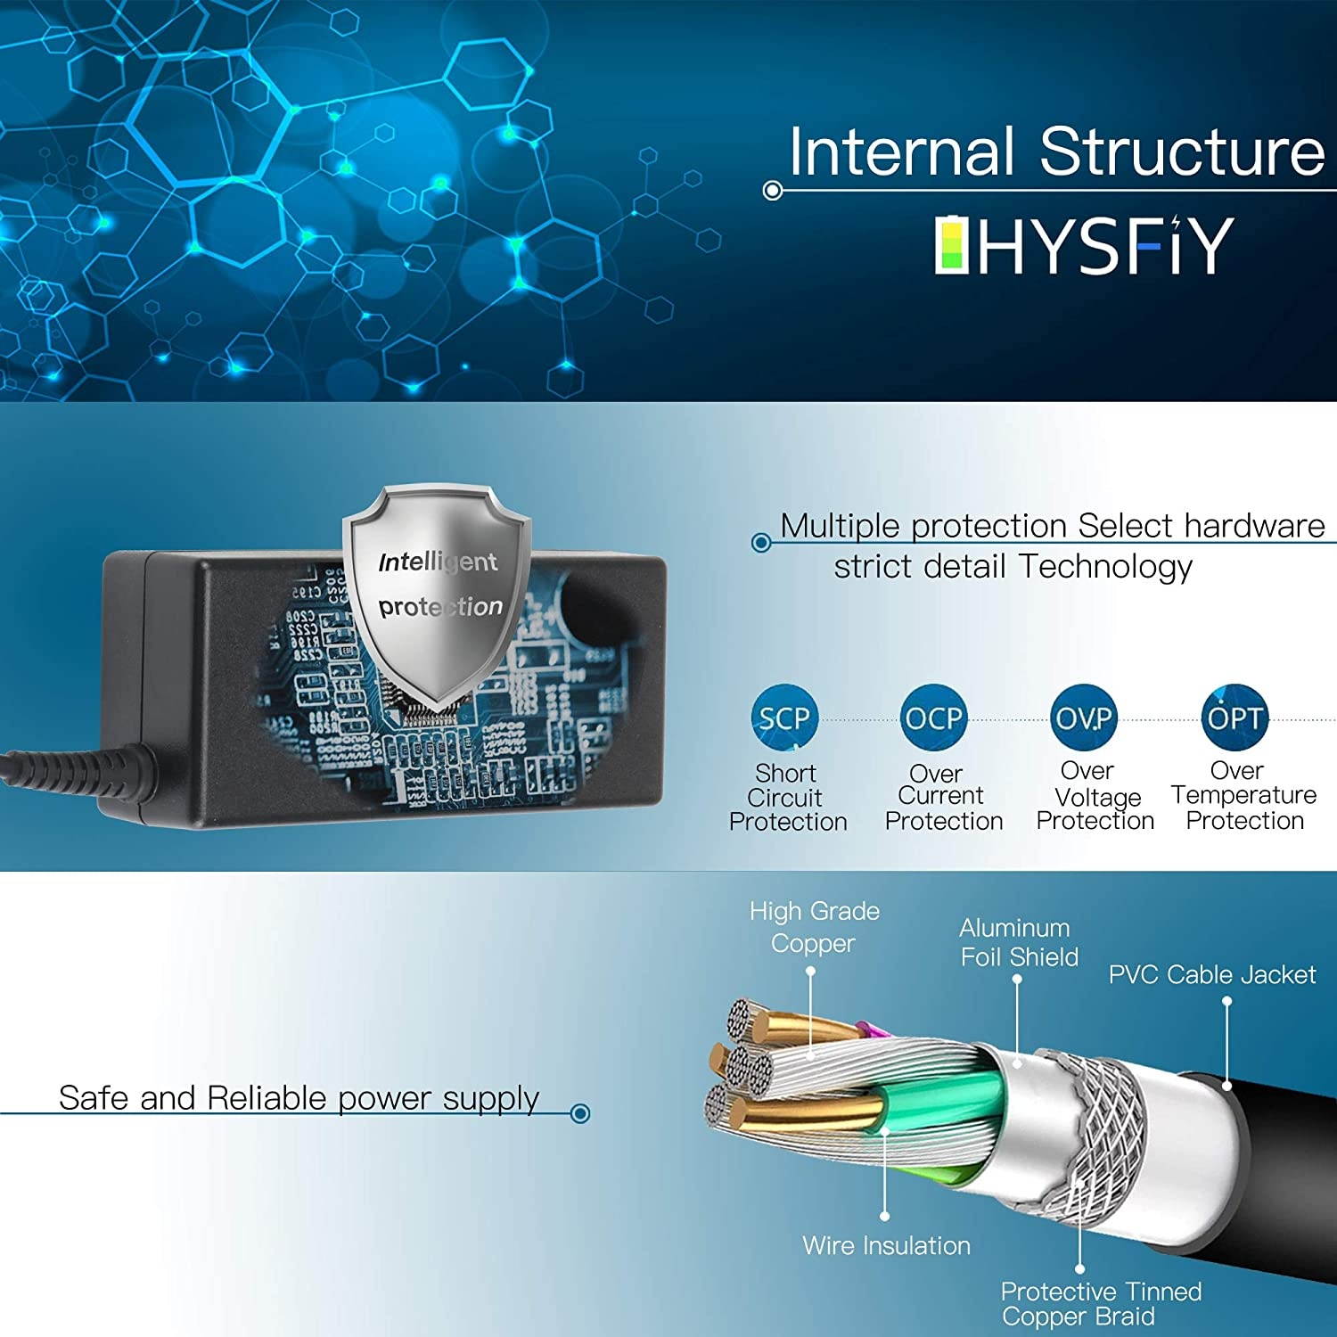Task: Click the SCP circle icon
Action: [784, 718]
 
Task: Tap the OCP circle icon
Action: [934, 718]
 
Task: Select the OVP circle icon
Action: [1084, 718]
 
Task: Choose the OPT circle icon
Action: [1234, 718]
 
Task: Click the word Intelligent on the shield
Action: [438, 562]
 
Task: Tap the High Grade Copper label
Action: [814, 927]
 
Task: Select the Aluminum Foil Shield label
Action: [1018, 942]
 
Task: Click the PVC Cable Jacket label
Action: [1211, 975]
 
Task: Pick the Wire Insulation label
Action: [886, 1245]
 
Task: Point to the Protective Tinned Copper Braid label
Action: [1100, 1303]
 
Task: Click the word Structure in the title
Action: [1181, 152]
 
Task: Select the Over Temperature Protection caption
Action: [1244, 795]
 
